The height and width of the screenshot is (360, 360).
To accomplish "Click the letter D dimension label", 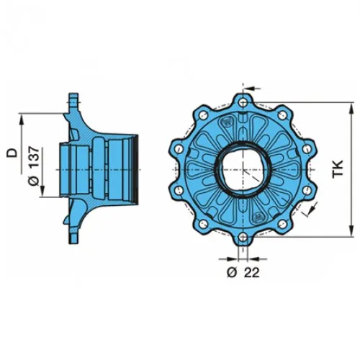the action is tap(12, 153).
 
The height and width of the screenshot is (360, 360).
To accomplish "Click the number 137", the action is tap(33, 157).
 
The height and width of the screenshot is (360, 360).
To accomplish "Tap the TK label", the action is tap(338, 169).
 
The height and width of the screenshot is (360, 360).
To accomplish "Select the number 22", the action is tap(252, 272).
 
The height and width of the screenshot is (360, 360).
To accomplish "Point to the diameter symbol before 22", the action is tap(232, 272).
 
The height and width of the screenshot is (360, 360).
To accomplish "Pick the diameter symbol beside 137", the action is tap(34, 181).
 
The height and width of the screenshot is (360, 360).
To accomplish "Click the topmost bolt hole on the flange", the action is tap(243, 103).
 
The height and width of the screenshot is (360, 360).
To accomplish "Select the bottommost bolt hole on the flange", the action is tap(243, 238).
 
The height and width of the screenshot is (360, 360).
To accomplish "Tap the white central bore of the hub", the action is tap(243, 170).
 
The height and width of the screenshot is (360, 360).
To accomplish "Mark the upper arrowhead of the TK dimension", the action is tap(351, 109).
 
